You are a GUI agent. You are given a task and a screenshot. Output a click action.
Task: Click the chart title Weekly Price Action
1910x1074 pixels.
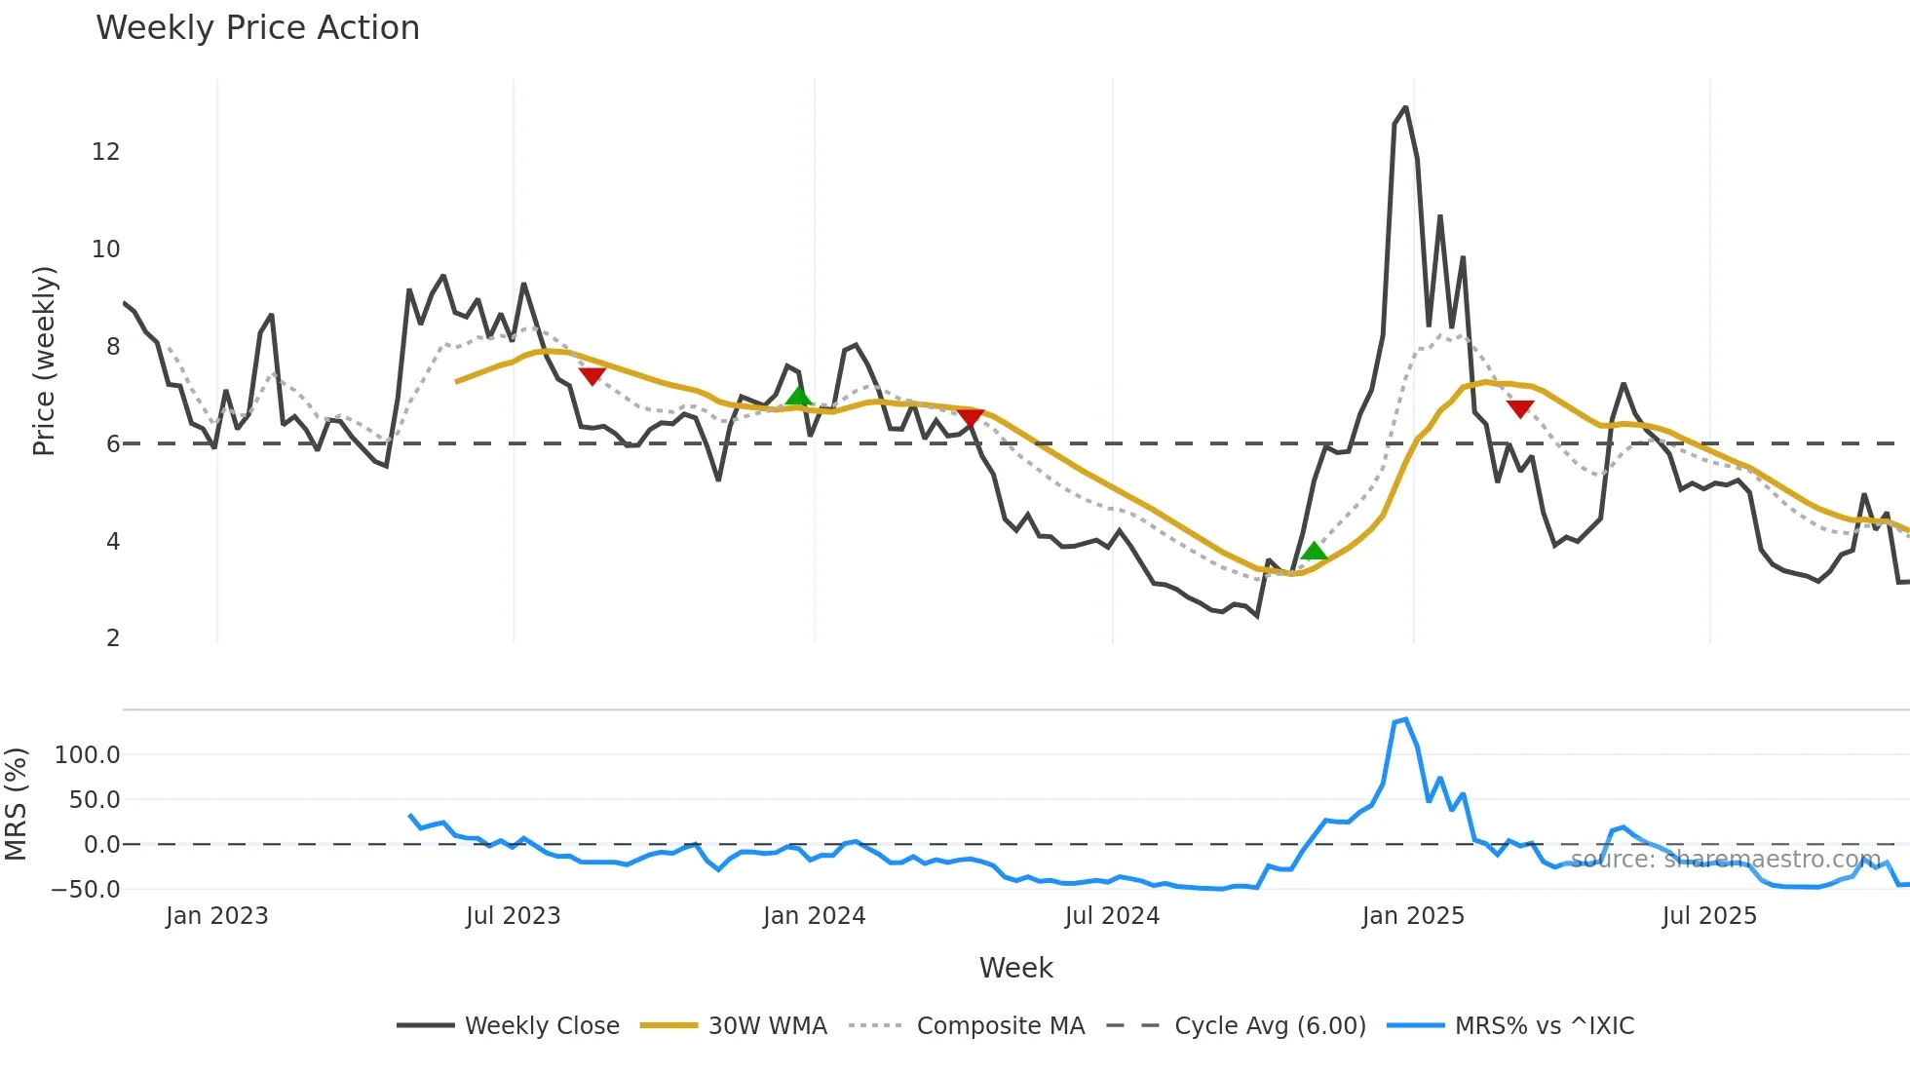(x=257, y=28)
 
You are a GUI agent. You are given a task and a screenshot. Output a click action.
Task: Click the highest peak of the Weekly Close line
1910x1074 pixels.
(x=1405, y=108)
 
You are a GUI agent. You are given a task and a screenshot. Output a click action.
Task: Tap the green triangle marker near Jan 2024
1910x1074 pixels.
(x=798, y=396)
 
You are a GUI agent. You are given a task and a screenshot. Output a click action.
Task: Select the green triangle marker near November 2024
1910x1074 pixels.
(x=1314, y=552)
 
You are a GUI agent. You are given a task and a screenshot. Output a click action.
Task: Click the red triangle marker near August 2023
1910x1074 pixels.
(x=592, y=376)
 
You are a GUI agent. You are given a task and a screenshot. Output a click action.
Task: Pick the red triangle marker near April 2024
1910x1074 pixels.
(x=970, y=418)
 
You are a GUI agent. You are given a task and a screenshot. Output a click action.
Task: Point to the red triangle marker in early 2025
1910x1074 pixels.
(x=1520, y=408)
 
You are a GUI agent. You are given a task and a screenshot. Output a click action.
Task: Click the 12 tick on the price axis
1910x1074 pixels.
(x=105, y=152)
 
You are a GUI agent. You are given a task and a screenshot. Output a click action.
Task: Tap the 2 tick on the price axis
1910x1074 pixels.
(x=113, y=638)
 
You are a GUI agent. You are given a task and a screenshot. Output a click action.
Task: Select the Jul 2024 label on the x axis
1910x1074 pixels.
(x=1112, y=916)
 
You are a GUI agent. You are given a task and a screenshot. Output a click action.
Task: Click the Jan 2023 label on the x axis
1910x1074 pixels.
(x=216, y=916)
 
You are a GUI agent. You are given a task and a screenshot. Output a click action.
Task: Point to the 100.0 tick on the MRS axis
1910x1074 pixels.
(x=87, y=755)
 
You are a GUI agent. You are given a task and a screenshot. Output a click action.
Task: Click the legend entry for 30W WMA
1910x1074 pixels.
(x=767, y=1026)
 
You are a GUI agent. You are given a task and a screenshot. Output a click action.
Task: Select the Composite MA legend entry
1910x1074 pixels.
(x=1000, y=1026)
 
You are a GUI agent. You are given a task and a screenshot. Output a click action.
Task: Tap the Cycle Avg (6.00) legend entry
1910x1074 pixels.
(x=1270, y=1026)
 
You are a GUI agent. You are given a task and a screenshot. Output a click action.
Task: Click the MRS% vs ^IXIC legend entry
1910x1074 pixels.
(x=1544, y=1026)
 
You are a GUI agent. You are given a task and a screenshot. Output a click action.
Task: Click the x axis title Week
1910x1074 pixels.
(x=1015, y=968)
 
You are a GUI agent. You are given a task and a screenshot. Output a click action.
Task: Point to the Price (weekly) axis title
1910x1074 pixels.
(x=44, y=361)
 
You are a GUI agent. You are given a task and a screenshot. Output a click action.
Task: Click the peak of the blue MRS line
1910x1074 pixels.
(x=1405, y=720)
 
